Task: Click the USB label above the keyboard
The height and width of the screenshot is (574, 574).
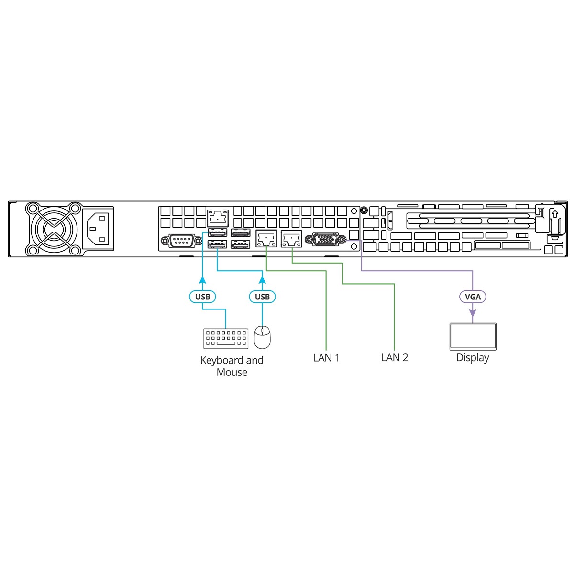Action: [x=202, y=297]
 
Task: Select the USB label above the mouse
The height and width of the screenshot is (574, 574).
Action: [x=262, y=297]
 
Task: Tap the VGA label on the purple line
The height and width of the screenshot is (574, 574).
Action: [x=473, y=297]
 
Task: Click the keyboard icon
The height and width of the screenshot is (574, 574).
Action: [x=226, y=338]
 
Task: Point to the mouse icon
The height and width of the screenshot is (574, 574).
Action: [x=262, y=337]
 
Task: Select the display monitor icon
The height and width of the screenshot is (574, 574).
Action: [x=473, y=336]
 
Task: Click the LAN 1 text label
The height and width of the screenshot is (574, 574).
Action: [x=326, y=358]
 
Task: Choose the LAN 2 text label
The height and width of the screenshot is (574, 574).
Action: [x=395, y=358]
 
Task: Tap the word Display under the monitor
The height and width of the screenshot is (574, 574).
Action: [x=473, y=358]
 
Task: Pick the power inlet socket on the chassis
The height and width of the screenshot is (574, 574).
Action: [x=99, y=229]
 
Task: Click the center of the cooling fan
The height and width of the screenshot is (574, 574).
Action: [x=54, y=229]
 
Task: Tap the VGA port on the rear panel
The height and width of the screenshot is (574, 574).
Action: [x=328, y=239]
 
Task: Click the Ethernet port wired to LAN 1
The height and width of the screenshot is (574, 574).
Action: [x=266, y=238]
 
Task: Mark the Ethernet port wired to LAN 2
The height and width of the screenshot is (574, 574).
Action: [x=291, y=238]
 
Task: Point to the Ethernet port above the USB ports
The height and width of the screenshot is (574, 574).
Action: [x=218, y=218]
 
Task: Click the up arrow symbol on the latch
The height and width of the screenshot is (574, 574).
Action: [x=555, y=214]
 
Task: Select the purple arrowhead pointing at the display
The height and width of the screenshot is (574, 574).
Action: [x=473, y=313]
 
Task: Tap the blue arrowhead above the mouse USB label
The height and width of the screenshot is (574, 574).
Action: [x=262, y=280]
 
